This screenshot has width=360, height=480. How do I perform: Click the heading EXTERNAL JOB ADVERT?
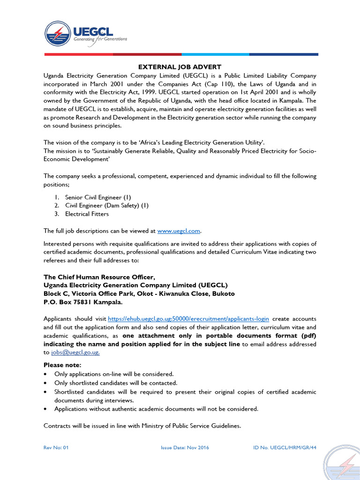pos(180,67)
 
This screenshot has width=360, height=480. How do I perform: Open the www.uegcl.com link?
pos(179,231)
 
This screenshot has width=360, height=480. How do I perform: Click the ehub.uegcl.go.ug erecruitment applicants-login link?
pos(188,318)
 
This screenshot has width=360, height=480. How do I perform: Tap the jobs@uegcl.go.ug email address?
pos(75,352)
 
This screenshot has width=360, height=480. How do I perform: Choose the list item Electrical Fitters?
pos(87,214)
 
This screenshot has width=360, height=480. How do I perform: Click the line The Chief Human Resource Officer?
pos(99,277)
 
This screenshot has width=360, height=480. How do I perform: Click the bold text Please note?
pos(62,365)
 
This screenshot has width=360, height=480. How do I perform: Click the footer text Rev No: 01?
pos(56,447)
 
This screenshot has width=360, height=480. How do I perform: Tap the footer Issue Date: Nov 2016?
pos(185,447)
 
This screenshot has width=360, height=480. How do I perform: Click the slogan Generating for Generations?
pos(100,39)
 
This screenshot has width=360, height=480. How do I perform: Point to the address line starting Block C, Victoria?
pos(139,293)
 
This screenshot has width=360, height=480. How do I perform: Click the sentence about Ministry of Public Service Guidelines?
pos(142,426)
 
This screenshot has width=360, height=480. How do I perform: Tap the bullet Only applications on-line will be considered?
pos(114,374)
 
